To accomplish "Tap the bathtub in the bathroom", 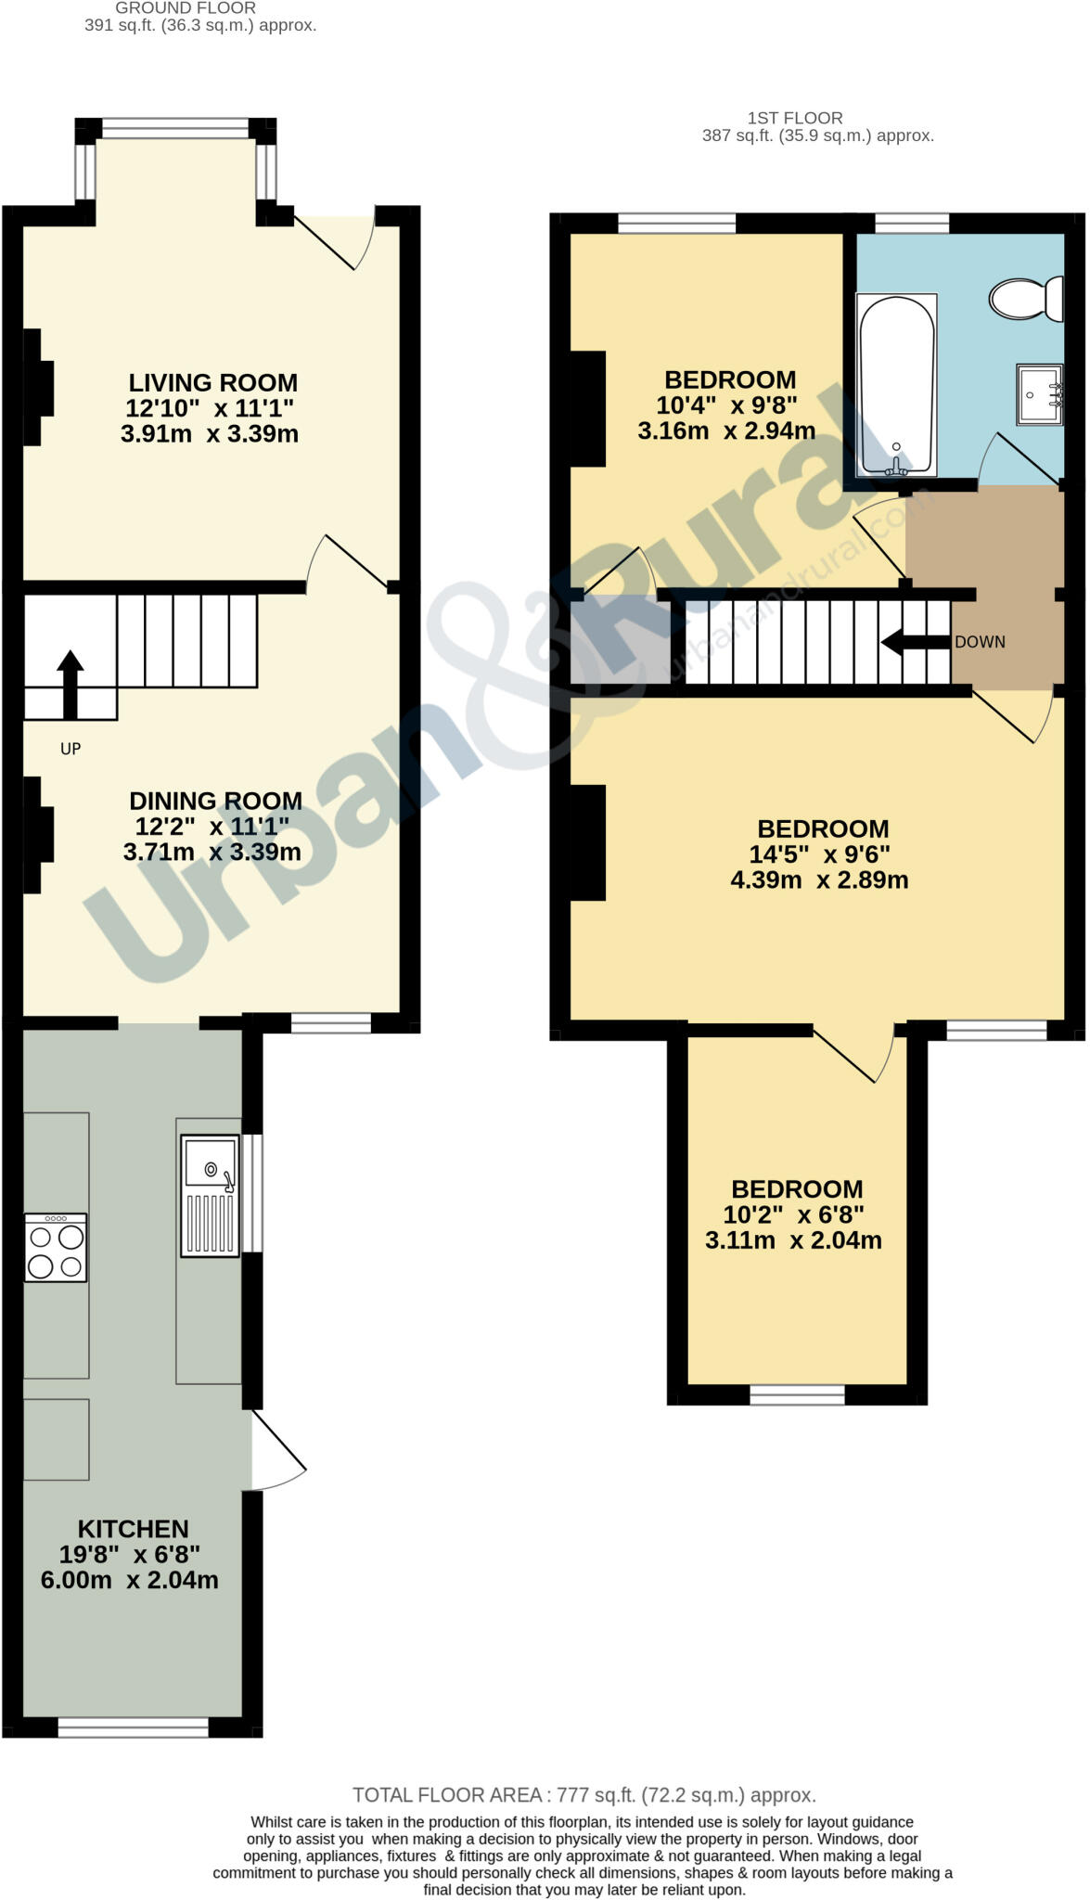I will click(896, 383).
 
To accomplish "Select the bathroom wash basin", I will click(1039, 394).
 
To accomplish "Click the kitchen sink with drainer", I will click(210, 1195).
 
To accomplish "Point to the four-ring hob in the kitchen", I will click(56, 1248).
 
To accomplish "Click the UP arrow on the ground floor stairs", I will click(71, 683).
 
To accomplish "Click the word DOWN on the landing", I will click(980, 642).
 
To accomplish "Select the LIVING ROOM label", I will click(212, 382).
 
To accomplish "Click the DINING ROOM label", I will click(215, 801).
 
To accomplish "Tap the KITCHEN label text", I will click(133, 1529).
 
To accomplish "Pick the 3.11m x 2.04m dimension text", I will click(793, 1240).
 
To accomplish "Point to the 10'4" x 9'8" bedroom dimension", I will click(726, 405).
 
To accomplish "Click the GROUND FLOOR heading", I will click(186, 8).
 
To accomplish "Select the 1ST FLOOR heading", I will click(795, 118).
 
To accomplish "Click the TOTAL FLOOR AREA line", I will click(584, 1795).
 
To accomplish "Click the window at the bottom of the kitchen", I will click(133, 1727).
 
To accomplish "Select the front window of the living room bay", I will click(175, 128).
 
